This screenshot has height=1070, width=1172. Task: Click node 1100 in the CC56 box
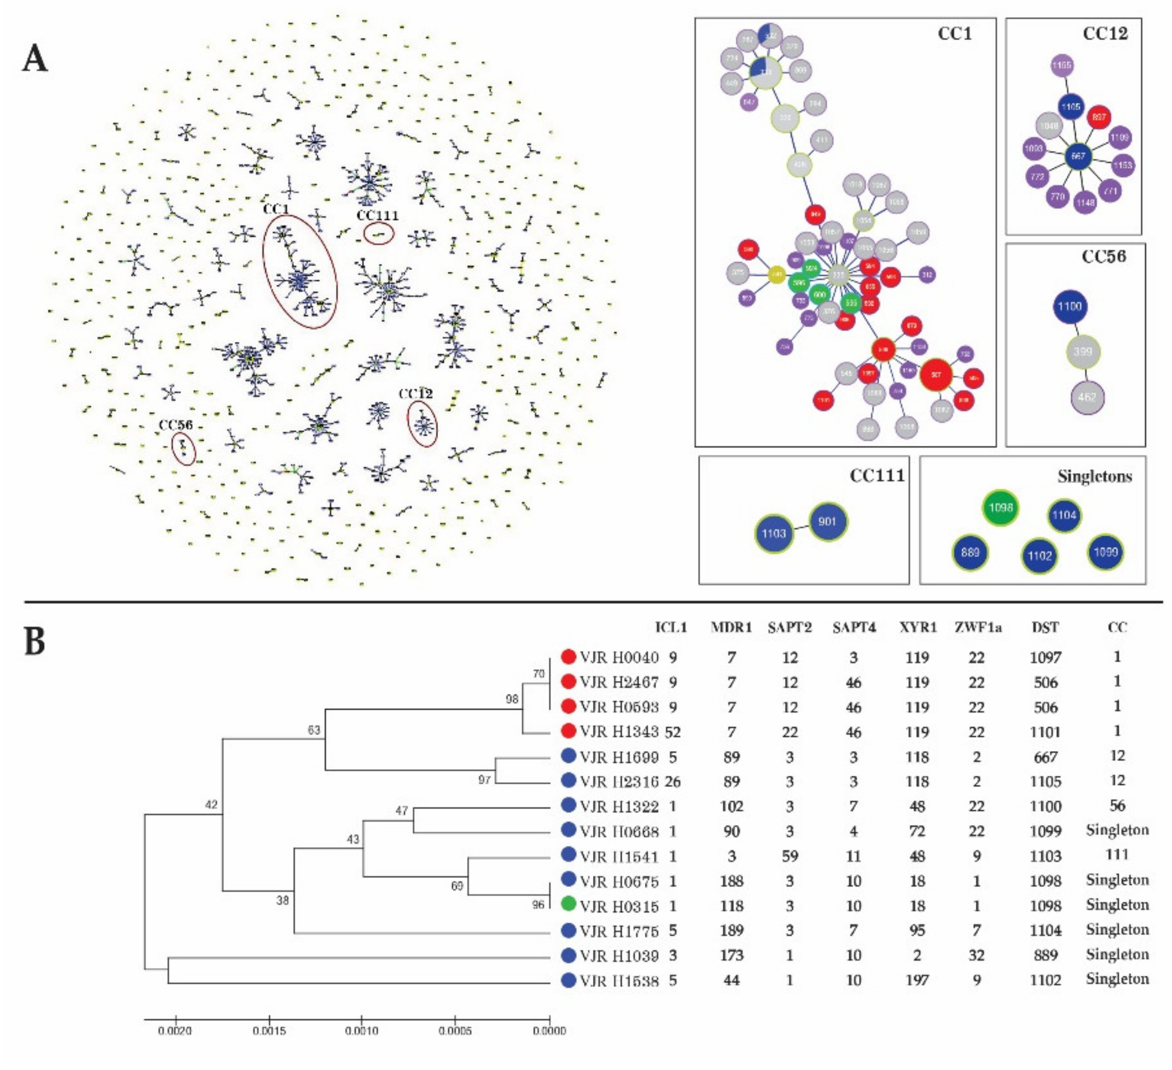pos(1070,307)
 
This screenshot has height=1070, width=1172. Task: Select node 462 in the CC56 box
pos(1087,397)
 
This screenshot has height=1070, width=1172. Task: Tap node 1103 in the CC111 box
pos(774,533)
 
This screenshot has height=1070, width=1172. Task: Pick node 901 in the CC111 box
pos(827,521)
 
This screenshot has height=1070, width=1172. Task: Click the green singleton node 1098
pos(1001,508)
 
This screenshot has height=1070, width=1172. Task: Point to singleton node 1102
pos(1040,556)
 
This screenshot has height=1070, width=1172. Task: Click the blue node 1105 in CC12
pos(1070,107)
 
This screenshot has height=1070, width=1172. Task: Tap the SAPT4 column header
pos(854,628)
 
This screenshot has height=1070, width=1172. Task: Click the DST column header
pos(1045,628)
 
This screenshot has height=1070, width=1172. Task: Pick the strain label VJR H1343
pos(619,731)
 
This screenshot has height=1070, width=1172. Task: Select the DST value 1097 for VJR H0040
pos(1045,658)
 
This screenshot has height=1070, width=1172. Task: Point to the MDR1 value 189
pos(731,930)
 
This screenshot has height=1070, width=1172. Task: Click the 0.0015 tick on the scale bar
pos(269,1031)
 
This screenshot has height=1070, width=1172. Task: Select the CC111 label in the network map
pos(378,216)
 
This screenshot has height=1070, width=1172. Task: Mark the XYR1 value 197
pos(917,980)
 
